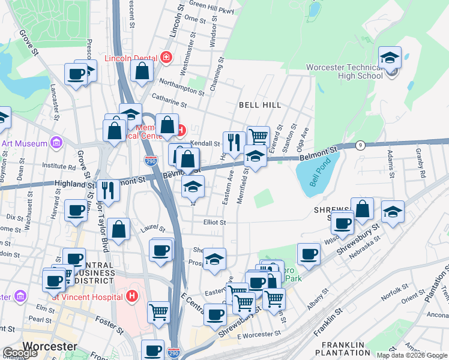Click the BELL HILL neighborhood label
tap(260, 105)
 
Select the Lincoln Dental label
tap(131, 58)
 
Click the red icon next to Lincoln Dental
tap(166, 58)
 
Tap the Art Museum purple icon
tap(56, 143)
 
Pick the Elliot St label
tap(214, 222)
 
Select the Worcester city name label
tap(50, 346)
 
